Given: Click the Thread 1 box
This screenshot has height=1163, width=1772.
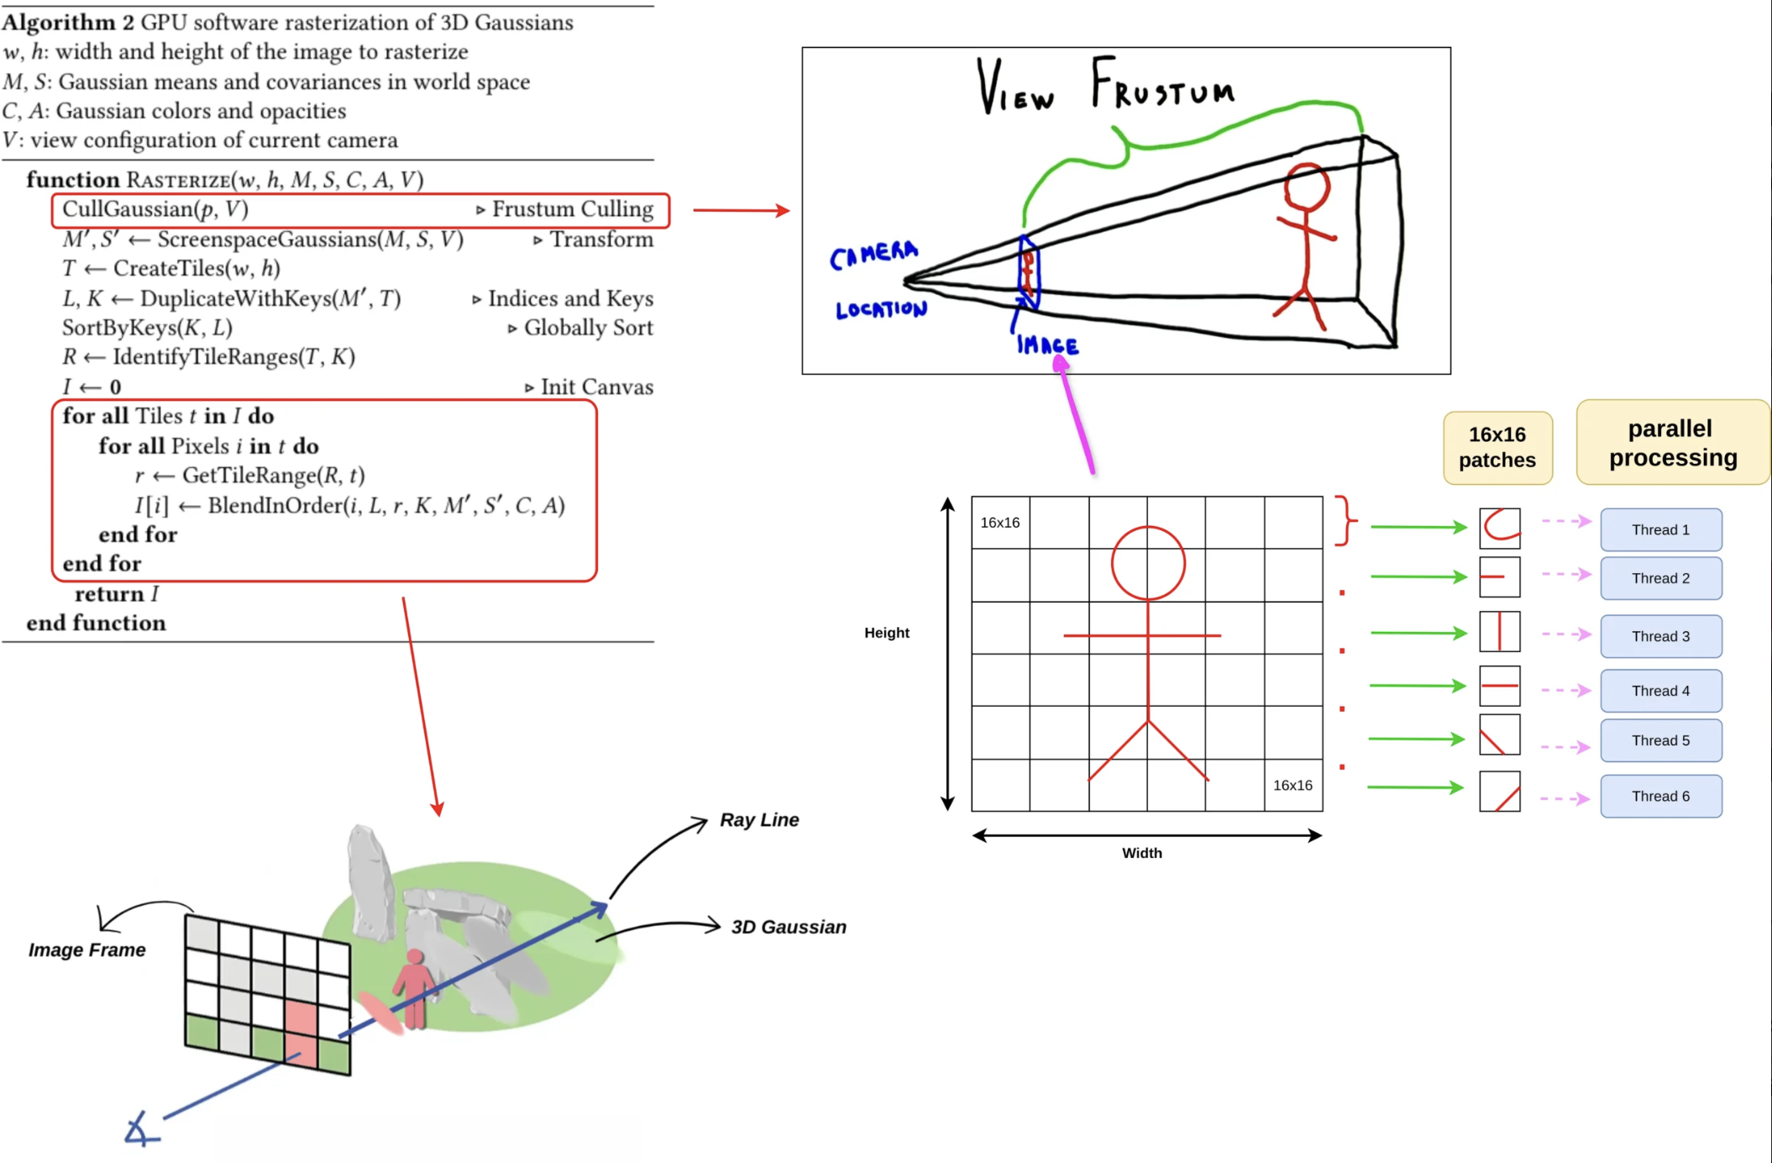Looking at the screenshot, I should click(1660, 529).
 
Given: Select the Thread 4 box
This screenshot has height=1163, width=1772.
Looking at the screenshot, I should click(1660, 691).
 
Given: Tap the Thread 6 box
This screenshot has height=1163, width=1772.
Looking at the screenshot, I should click(1660, 796).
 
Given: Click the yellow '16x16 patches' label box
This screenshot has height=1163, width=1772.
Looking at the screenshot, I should click(1497, 447).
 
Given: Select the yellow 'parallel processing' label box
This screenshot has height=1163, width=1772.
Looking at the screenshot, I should click(1672, 443).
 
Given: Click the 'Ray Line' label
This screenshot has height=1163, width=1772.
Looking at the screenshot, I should click(759, 820).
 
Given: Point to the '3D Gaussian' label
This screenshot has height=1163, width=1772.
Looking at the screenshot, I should click(789, 927).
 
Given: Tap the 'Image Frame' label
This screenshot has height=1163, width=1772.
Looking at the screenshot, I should click(87, 950).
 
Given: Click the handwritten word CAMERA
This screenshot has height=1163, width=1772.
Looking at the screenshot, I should click(873, 254).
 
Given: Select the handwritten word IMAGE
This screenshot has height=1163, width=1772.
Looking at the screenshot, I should click(1046, 345).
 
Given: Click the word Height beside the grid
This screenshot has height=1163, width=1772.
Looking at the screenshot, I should click(886, 633).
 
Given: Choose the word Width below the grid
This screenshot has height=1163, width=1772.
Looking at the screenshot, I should click(1142, 853).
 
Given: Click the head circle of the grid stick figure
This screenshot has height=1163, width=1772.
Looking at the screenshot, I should click(1148, 563).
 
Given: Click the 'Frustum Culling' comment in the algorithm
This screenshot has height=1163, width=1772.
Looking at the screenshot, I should click(571, 209).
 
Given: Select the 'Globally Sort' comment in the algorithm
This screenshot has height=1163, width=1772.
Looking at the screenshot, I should click(587, 328).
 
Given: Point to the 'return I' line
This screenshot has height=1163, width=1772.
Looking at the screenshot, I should click(116, 594).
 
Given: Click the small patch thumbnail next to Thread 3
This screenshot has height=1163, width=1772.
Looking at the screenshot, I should click(1499, 632).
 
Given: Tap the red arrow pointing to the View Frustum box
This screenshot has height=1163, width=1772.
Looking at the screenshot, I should click(741, 210).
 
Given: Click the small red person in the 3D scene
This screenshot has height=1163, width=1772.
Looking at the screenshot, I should click(414, 987).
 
